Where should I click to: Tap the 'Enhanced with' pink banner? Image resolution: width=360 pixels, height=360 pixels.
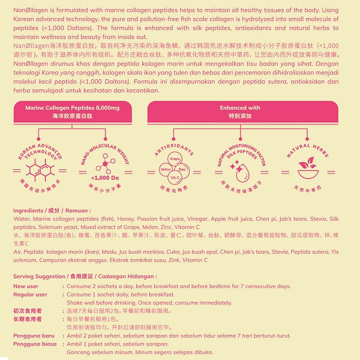point(240,111)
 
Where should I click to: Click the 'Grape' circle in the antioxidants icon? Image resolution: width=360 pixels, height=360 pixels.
point(175,159)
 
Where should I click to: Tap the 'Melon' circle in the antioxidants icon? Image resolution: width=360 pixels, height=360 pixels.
point(166,170)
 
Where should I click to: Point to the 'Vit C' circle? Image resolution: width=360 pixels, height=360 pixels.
point(175,179)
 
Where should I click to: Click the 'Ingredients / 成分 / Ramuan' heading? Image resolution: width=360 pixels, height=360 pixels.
point(52,211)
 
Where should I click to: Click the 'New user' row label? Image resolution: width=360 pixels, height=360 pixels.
point(26,286)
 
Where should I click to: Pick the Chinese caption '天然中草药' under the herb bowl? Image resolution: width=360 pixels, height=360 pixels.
point(307,190)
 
